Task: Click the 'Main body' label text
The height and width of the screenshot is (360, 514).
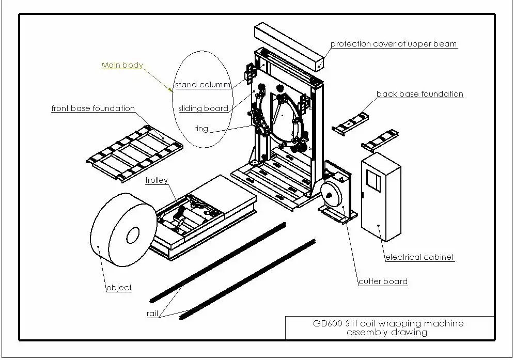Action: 122,65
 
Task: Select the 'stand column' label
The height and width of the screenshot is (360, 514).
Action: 202,85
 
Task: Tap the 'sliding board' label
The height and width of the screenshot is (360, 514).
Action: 203,108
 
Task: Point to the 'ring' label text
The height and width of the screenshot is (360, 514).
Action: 201,129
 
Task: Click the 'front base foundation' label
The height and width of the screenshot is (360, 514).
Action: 93,108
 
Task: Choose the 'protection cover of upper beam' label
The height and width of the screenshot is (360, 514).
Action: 394,44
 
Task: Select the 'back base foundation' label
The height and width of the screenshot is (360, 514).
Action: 419,94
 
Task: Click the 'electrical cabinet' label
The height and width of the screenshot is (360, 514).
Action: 420,257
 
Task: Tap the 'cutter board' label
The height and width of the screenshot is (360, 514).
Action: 383,281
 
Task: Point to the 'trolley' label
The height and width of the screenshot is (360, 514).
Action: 156,180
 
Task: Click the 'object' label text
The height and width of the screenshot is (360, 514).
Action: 119,288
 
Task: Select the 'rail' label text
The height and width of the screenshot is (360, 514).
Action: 152,314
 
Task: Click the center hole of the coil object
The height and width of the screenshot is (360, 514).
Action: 131,236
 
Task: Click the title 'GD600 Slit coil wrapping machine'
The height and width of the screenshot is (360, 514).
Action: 388,323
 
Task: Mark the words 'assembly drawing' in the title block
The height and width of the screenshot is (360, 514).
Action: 386,332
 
